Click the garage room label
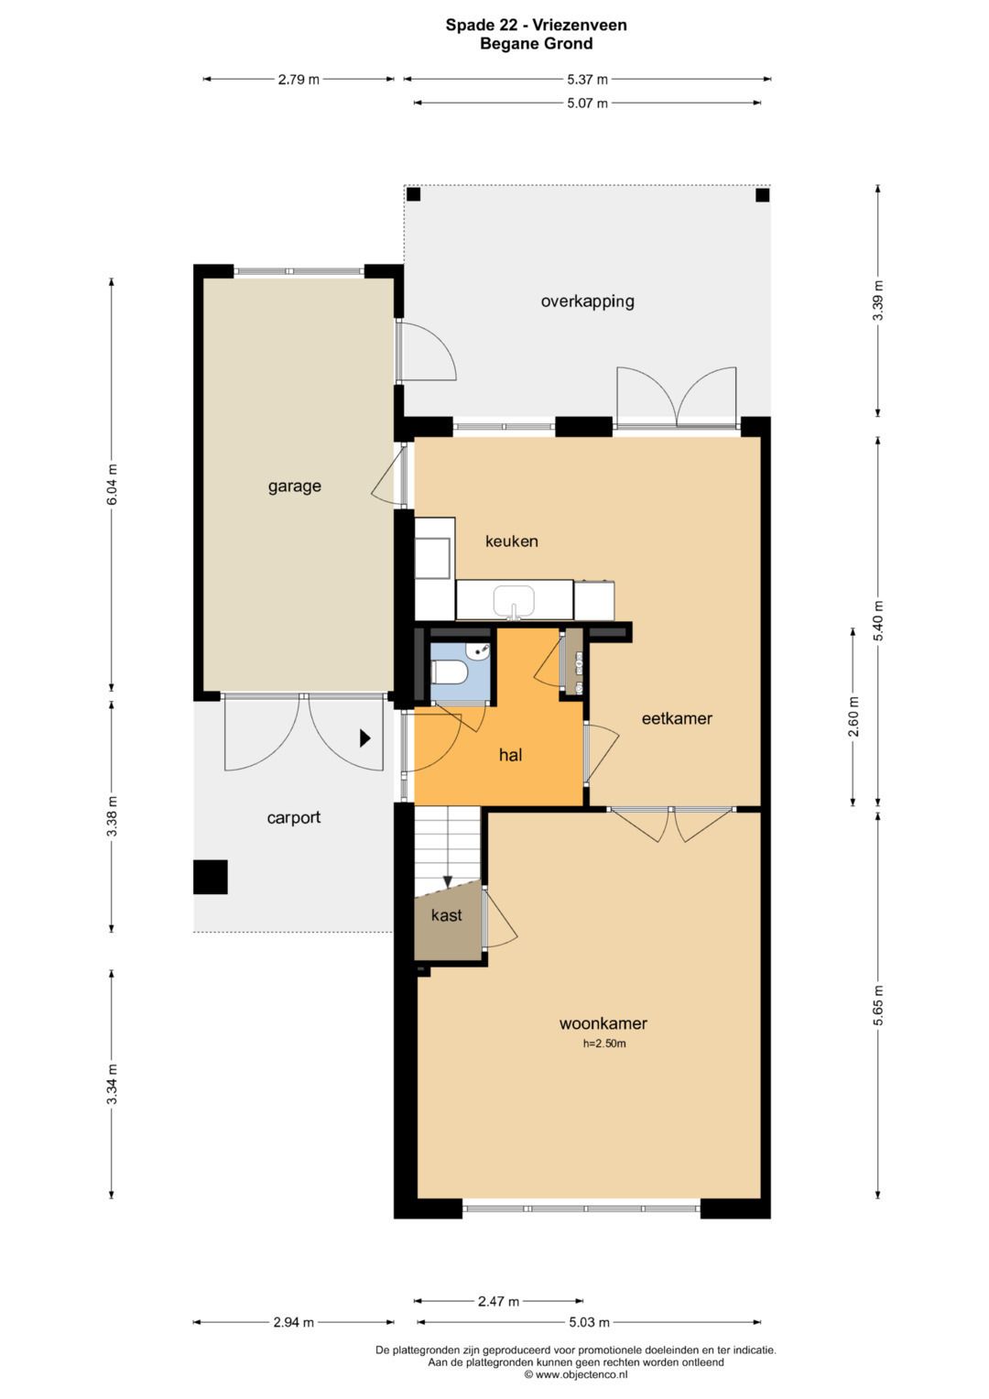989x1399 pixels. [294, 486]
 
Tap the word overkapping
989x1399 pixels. [587, 301]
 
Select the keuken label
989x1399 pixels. [511, 541]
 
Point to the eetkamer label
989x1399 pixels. [677, 719]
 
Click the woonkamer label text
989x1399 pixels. [603, 1024]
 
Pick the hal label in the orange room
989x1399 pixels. [510, 756]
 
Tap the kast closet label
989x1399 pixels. [446, 915]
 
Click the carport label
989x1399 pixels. [293, 818]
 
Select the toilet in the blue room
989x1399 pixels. [449, 672]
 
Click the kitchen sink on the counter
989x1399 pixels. [514, 602]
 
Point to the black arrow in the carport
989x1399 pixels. [364, 738]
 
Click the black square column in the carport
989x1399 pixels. [210, 877]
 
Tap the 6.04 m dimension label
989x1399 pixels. [112, 485]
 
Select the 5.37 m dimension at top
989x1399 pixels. [587, 80]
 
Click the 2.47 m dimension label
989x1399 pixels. [498, 1301]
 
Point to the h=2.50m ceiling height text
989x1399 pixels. [604, 1044]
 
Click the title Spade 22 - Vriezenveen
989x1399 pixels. [536, 25]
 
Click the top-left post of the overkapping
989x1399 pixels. [413, 194]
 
